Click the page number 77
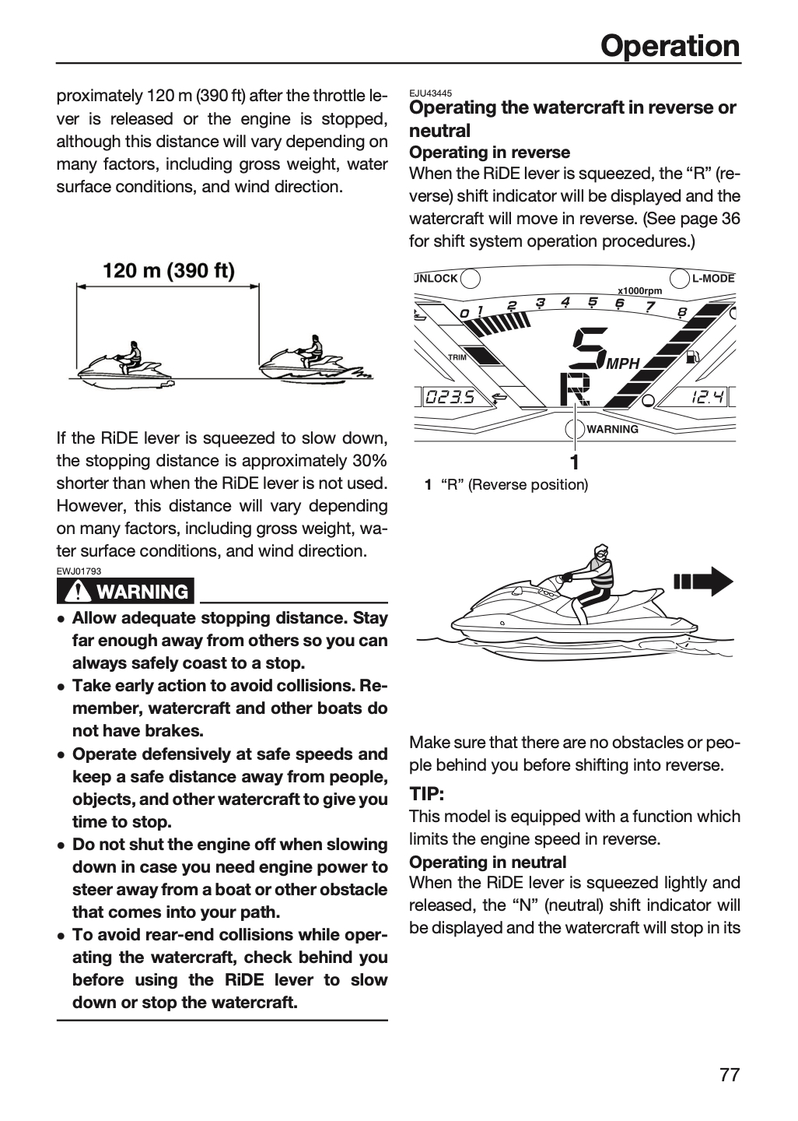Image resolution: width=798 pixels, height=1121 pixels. pyautogui.click(x=730, y=1075)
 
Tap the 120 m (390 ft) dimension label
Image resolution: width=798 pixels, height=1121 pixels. pyautogui.click(x=169, y=271)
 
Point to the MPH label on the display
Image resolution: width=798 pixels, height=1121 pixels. pyautogui.click(x=622, y=364)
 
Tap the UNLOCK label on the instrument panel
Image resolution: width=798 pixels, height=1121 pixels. pyautogui.click(x=436, y=278)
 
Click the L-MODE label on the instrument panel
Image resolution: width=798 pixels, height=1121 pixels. pyautogui.click(x=713, y=278)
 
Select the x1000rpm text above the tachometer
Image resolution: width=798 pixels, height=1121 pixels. pyautogui.click(x=639, y=291)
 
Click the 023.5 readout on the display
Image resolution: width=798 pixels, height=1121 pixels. pyautogui.click(x=449, y=397)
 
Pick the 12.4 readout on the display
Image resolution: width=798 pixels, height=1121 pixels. pyautogui.click(x=707, y=397)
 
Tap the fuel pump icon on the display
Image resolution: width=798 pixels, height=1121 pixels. pyautogui.click(x=692, y=357)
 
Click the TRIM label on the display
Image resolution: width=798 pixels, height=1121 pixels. pyautogui.click(x=457, y=357)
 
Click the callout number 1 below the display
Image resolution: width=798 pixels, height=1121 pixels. pyautogui.click(x=575, y=462)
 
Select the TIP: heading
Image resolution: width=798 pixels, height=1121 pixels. pyautogui.click(x=426, y=794)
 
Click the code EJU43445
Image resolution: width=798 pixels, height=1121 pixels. pyautogui.click(x=431, y=93)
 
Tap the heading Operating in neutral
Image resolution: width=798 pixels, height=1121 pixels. pyautogui.click(x=488, y=863)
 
